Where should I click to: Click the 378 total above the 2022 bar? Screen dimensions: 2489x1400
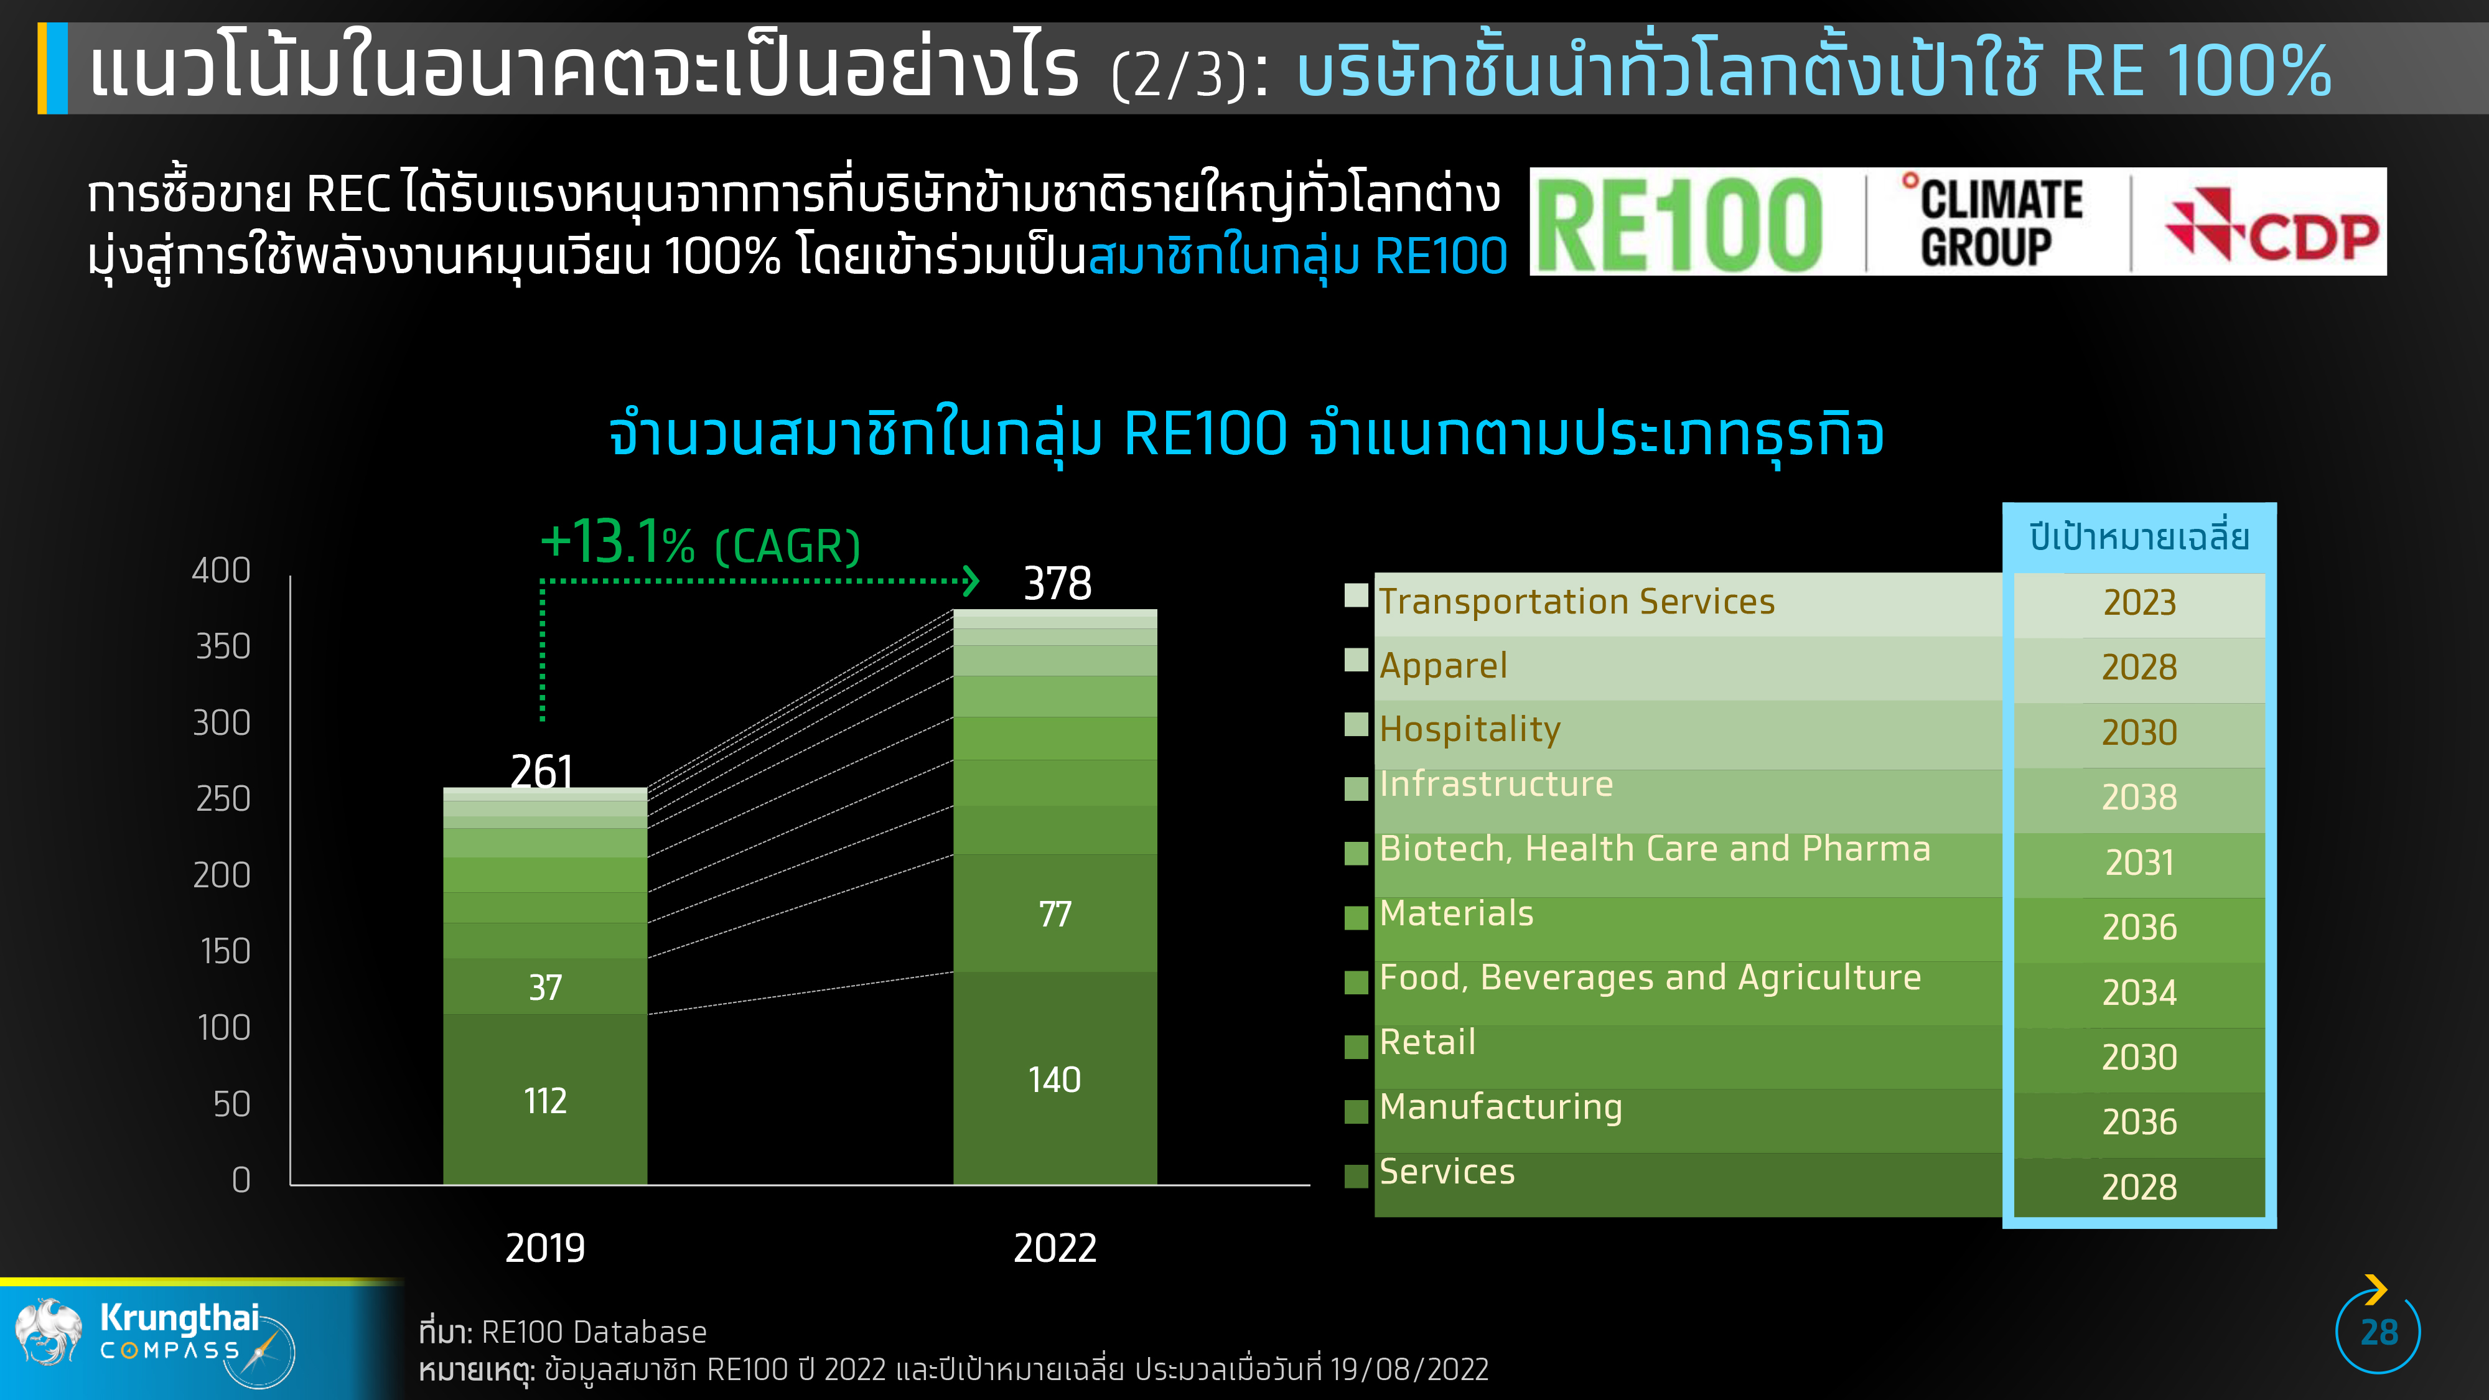pyautogui.click(x=1057, y=584)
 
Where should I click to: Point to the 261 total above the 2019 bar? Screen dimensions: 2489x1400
pyautogui.click(x=542, y=771)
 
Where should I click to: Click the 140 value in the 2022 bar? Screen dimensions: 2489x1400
pyautogui.click(x=1054, y=1079)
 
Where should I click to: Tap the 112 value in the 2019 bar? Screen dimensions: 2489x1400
pyautogui.click(x=545, y=1101)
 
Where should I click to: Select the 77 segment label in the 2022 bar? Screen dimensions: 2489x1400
pyautogui.click(x=1055, y=914)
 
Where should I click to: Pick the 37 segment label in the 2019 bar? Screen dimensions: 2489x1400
pyautogui.click(x=545, y=987)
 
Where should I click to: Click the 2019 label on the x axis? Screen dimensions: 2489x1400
pyautogui.click(x=545, y=1248)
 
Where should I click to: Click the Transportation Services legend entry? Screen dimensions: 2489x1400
pyautogui.click(x=1577, y=602)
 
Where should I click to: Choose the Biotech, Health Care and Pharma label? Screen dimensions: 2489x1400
pyautogui.click(x=1654, y=848)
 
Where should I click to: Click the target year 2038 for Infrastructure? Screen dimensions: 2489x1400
pyautogui.click(x=2139, y=797)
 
